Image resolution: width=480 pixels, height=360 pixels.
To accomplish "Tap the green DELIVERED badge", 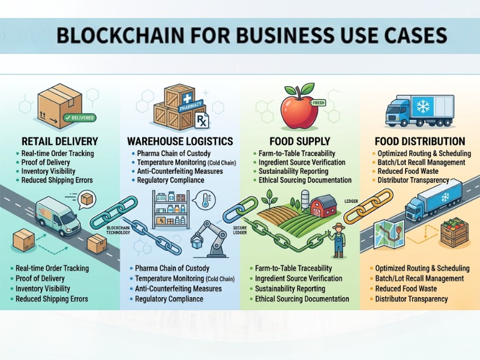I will pyautogui.click(x=79, y=118).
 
